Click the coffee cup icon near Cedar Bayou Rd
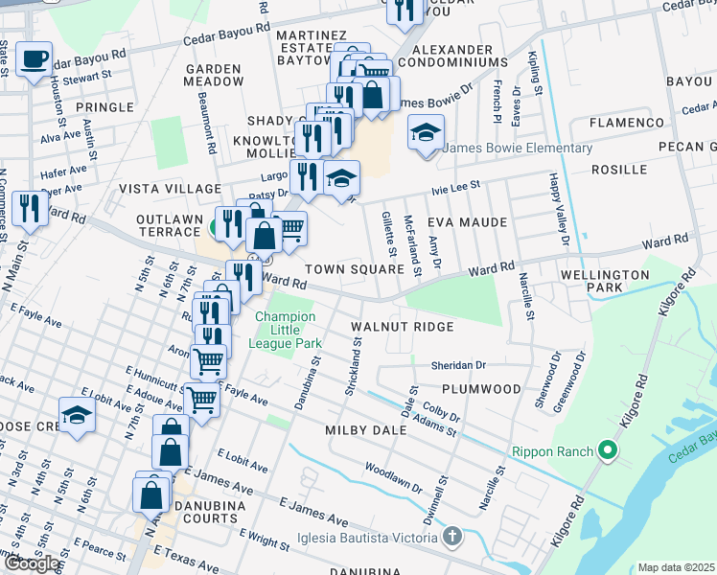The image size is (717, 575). click(x=35, y=59)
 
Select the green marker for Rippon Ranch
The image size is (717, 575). click(x=605, y=448)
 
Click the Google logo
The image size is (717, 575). click(x=32, y=563)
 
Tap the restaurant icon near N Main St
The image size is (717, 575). click(x=30, y=207)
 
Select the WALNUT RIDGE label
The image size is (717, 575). click(x=402, y=327)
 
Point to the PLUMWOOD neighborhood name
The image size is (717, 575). click(x=481, y=389)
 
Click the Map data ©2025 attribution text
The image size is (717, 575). click(x=677, y=567)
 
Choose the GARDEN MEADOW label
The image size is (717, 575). click(x=215, y=75)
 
